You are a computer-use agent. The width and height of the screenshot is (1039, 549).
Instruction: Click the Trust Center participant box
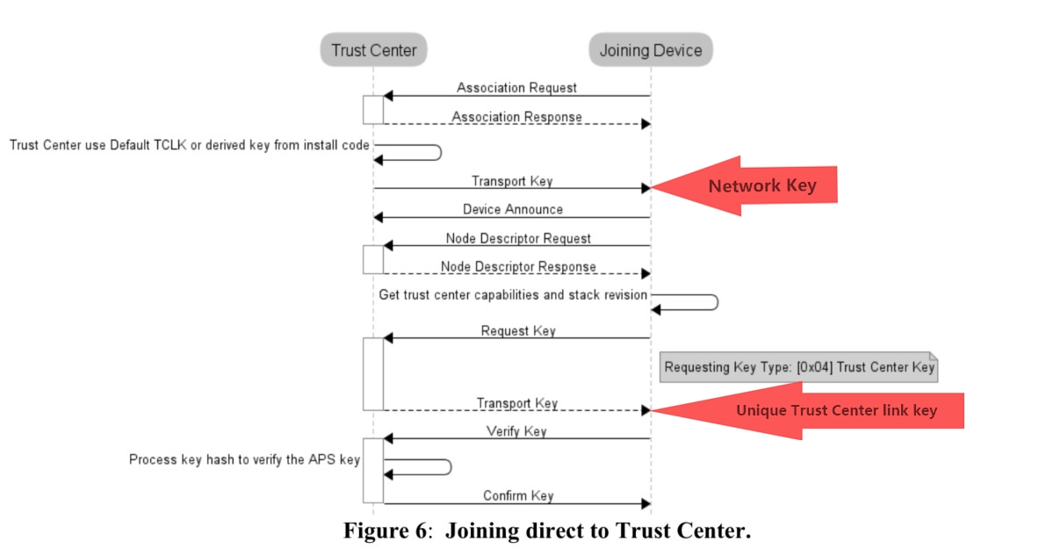coord(373,50)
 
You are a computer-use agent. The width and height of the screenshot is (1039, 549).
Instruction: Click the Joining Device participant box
coord(650,50)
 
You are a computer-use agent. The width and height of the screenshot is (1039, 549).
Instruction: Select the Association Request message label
coord(516,88)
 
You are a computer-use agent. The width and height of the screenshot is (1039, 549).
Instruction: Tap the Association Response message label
coord(516,117)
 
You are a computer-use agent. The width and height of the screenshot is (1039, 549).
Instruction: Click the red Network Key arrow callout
coord(747,186)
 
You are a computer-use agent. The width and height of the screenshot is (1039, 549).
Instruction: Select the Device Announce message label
coord(513,209)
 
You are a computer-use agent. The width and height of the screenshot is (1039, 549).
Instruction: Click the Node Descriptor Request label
coord(517,238)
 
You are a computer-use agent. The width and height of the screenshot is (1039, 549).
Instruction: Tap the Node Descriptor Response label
coord(517,267)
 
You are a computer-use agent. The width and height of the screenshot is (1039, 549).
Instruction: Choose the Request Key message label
coord(517,331)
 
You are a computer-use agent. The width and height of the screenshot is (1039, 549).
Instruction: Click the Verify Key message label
coord(516,431)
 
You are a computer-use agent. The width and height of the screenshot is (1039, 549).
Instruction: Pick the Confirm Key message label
coord(517,495)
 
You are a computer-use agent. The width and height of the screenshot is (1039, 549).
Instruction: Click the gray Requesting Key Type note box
coord(798,368)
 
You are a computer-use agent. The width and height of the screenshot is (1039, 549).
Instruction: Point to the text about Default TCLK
coord(189,145)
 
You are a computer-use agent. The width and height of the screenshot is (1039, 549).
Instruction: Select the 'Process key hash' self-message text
coord(244,459)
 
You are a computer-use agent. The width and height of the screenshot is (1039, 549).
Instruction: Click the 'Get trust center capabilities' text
coord(513,295)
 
